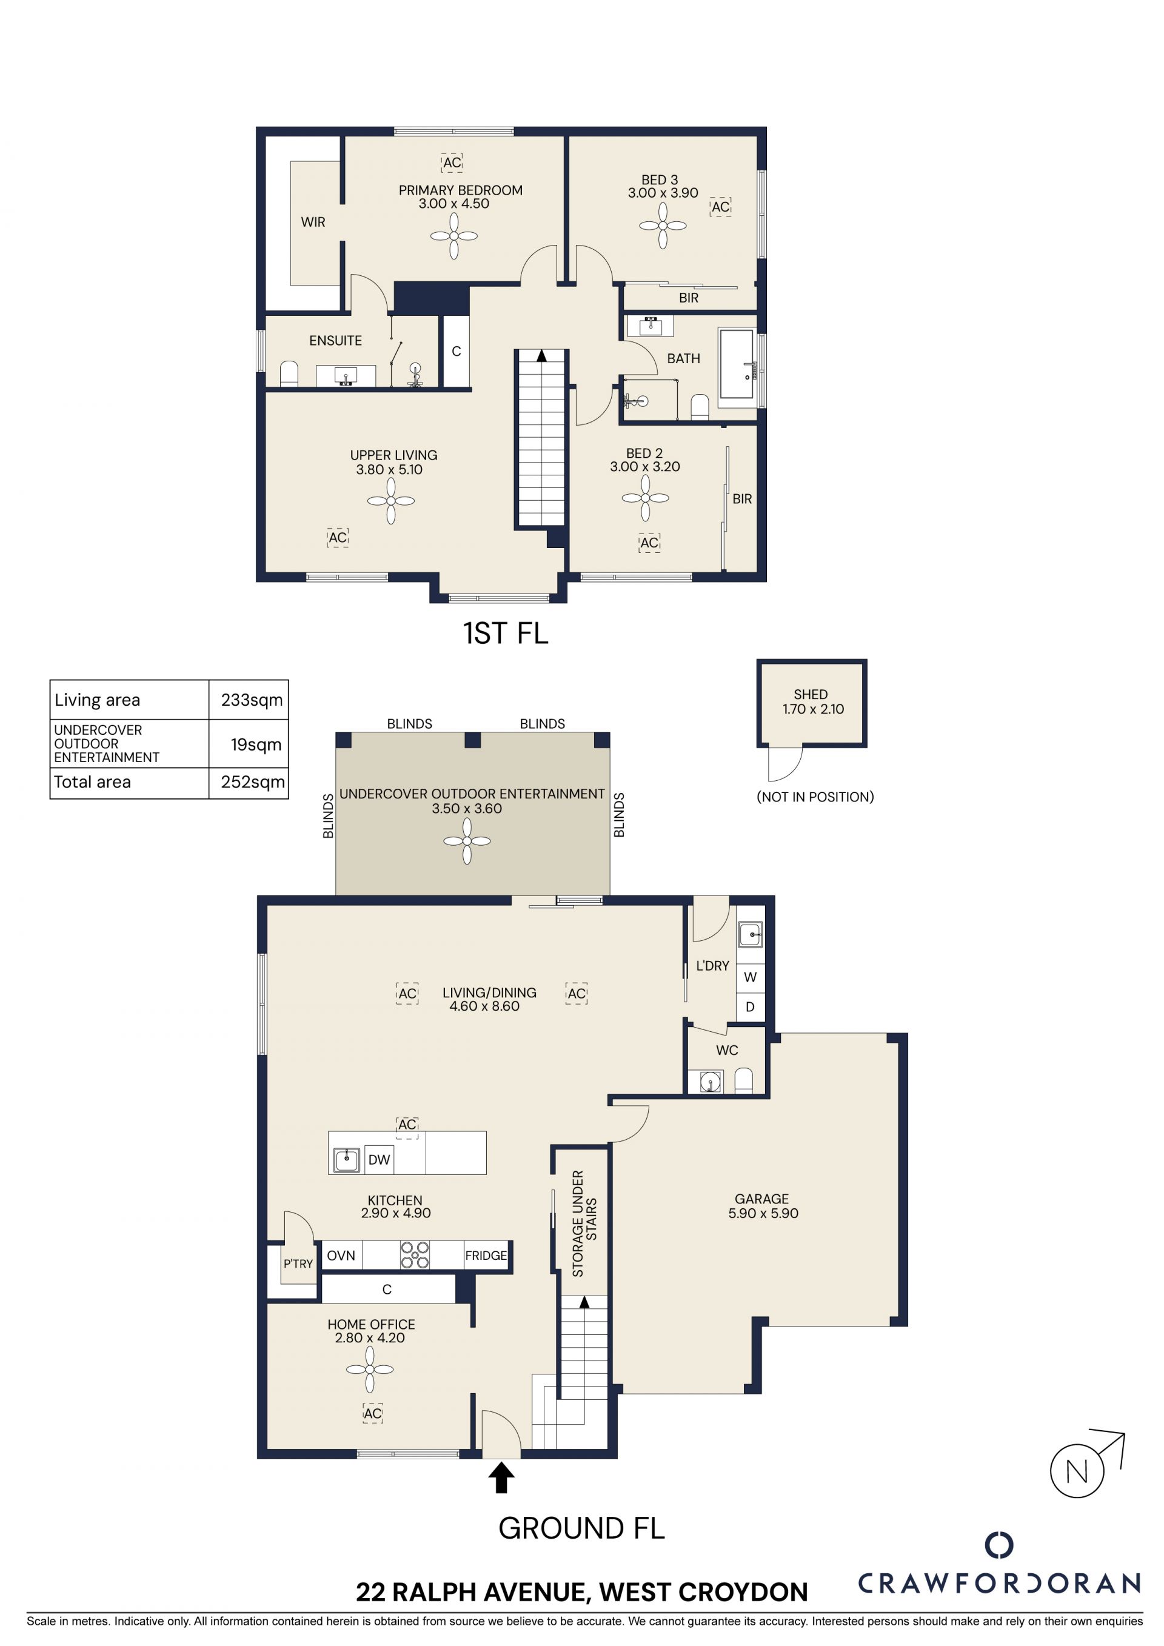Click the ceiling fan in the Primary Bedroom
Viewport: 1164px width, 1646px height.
point(453,235)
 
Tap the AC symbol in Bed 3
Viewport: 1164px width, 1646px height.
point(720,207)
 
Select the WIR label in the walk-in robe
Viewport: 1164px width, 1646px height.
point(313,222)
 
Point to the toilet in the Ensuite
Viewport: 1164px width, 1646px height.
point(289,373)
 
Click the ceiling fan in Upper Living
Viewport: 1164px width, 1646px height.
point(390,501)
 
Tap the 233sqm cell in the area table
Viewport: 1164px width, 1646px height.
point(252,700)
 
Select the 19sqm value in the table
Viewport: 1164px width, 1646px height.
point(256,745)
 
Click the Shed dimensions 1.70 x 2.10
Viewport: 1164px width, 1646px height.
point(813,709)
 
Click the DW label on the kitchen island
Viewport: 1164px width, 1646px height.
point(379,1160)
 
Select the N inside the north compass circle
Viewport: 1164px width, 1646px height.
point(1077,1471)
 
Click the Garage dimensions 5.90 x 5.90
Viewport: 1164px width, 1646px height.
point(763,1214)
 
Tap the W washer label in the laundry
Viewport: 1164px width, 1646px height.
point(751,977)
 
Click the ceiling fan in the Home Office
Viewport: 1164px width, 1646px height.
point(370,1370)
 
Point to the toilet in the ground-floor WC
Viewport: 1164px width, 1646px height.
point(744,1081)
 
